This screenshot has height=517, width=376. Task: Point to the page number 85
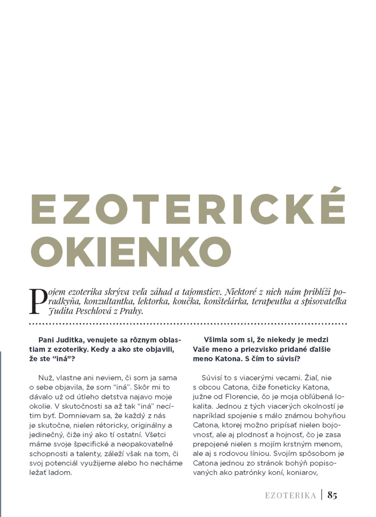tap(332, 495)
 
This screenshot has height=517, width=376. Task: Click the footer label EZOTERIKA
tap(290, 495)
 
